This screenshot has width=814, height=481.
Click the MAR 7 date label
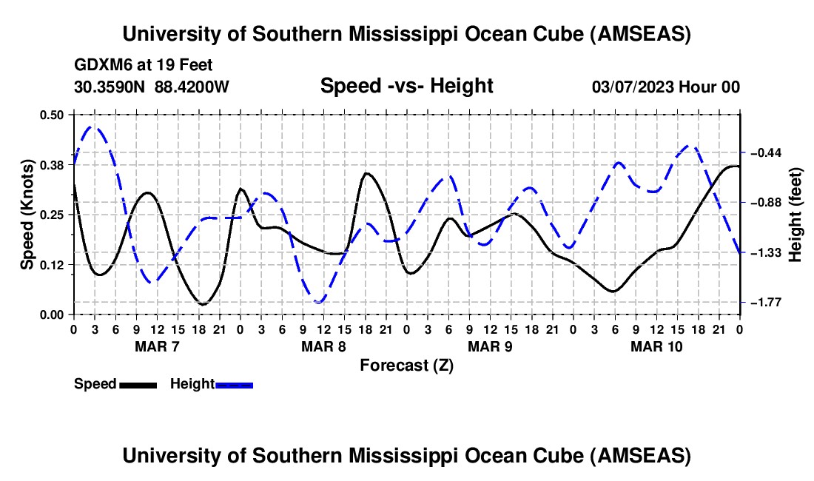click(x=157, y=346)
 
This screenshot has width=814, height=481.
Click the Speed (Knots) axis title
click(x=27, y=215)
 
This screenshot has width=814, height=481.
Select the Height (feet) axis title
click(x=796, y=215)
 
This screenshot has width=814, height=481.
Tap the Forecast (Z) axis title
click(x=406, y=365)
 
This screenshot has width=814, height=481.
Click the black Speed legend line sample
click(x=138, y=384)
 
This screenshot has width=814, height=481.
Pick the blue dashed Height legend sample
click(x=234, y=384)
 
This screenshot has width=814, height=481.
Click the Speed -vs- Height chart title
click(x=406, y=86)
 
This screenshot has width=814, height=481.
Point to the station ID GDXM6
click(x=99, y=65)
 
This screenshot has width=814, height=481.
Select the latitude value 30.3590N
click(x=110, y=87)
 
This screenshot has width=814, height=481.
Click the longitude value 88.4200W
click(x=192, y=87)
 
